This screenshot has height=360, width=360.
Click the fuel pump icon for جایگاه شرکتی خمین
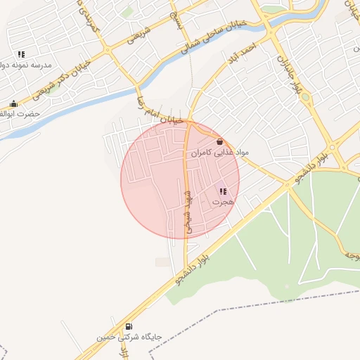[129, 326]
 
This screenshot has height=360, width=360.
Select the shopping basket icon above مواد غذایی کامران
[219, 141]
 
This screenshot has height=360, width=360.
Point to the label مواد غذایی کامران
[219, 152]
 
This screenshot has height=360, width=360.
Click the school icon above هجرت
[223, 191]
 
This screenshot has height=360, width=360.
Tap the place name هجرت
[222, 202]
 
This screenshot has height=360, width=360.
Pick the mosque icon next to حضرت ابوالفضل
[13, 104]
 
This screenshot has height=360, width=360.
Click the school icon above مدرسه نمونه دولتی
[22, 54]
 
